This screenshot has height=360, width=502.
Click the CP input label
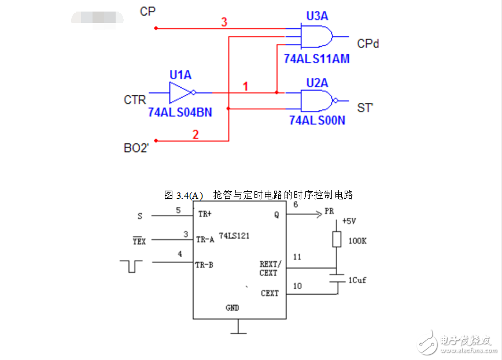(147, 11)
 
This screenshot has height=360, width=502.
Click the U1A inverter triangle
(180, 92)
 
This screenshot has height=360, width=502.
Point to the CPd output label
(368, 43)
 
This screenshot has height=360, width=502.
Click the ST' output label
(364, 107)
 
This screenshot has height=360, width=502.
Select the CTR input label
(135, 100)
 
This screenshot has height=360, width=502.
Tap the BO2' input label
(136, 148)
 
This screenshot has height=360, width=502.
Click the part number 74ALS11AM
(317, 59)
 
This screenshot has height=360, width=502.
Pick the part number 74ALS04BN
(180, 113)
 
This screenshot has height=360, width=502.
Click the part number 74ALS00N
(317, 120)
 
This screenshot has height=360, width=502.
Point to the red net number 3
(224, 22)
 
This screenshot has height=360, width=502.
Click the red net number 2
(195, 135)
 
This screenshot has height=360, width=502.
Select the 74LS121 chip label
(234, 236)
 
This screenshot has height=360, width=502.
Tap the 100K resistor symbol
(336, 239)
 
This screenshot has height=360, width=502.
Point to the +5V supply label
(349, 221)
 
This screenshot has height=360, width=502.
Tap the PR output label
(329, 211)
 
